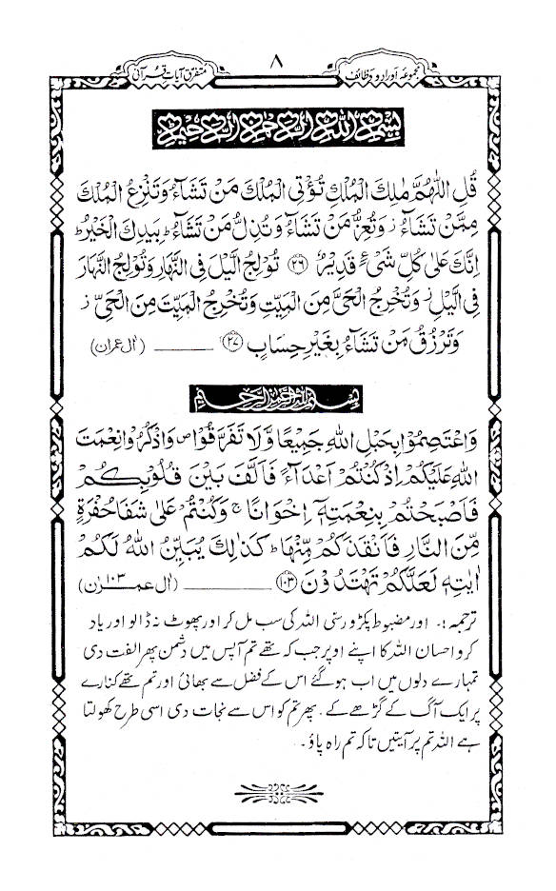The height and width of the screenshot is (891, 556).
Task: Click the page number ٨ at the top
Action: tap(278, 36)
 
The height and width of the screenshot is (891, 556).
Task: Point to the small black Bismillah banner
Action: tap(277, 390)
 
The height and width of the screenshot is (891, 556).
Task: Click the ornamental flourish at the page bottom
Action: tap(277, 792)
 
